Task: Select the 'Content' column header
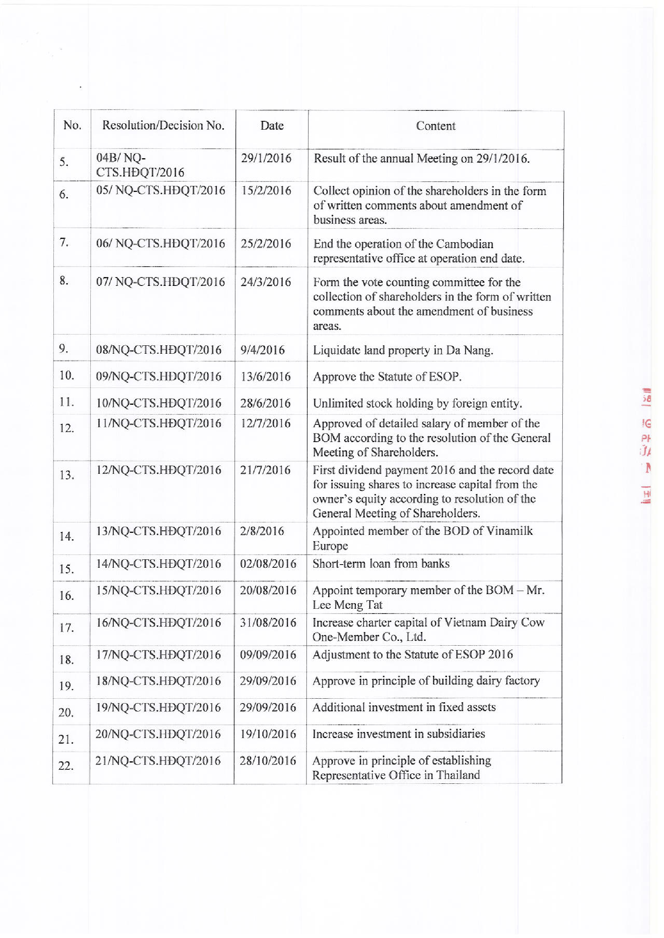[x=435, y=126]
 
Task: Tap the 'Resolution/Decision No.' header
[x=163, y=125]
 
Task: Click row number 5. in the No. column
[x=64, y=162]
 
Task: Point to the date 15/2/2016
[x=266, y=191]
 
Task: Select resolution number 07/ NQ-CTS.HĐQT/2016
[x=160, y=282]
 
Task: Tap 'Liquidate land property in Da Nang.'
[x=403, y=350]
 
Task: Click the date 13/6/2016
[x=266, y=376]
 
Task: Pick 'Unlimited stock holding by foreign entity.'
[x=417, y=404]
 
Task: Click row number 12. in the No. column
[x=66, y=428]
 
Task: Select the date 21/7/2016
[x=265, y=470]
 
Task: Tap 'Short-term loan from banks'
[x=381, y=564]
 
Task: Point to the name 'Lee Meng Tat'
[x=347, y=605]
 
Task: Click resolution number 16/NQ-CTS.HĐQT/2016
[x=158, y=622]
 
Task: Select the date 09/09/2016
[x=268, y=655]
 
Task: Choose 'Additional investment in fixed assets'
[x=404, y=708]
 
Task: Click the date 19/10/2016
[x=268, y=734]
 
